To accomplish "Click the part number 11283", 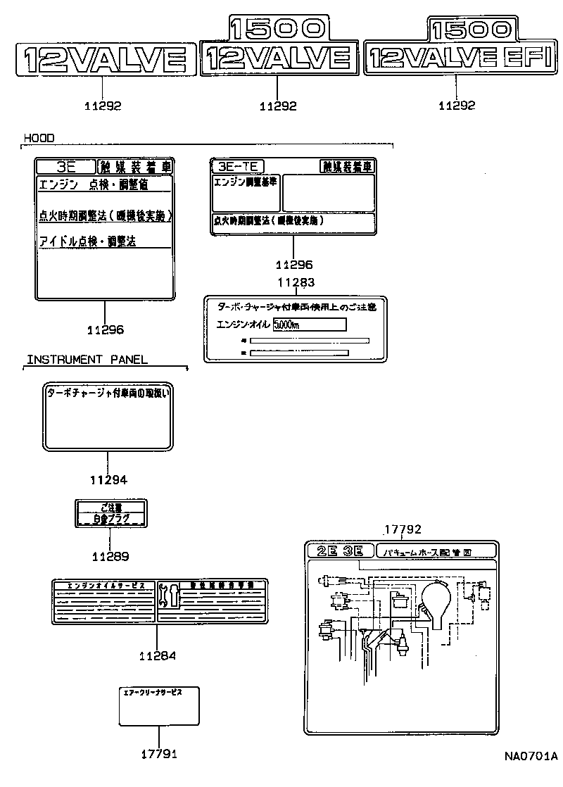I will click(295, 282).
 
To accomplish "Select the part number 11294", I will click(108, 480).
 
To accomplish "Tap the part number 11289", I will click(110, 556).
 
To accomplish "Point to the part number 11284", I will click(157, 655).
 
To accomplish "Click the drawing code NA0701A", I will click(530, 757).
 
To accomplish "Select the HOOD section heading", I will click(39, 138).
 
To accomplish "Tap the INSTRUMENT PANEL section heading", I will click(87, 360).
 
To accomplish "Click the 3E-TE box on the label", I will click(238, 166).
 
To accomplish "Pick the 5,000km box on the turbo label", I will click(309, 325).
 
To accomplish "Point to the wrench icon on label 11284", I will click(170, 596).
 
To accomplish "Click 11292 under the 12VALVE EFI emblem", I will click(457, 106).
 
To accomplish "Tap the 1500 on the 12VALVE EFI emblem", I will click(470, 29).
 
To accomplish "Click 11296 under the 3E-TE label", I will click(294, 265).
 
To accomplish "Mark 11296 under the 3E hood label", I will click(106, 329).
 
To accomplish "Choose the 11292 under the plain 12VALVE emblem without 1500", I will click(103, 106).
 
